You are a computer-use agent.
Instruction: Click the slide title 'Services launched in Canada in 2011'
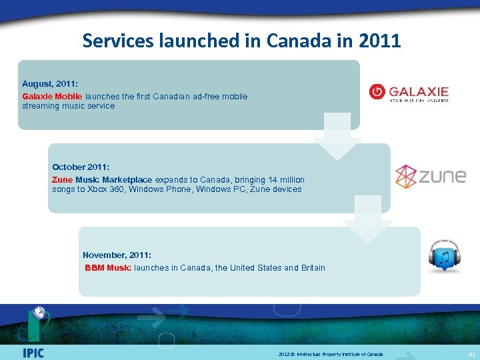[x=241, y=41]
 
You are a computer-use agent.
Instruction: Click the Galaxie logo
[x=409, y=93]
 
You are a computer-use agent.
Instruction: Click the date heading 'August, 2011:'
[x=50, y=84]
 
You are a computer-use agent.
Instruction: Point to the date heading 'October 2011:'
[x=79, y=167]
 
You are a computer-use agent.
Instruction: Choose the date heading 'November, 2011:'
[x=117, y=255]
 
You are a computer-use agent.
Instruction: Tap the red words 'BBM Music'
[x=108, y=268]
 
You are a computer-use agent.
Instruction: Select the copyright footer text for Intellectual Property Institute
[x=331, y=354]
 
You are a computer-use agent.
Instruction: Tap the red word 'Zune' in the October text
[x=62, y=179]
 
